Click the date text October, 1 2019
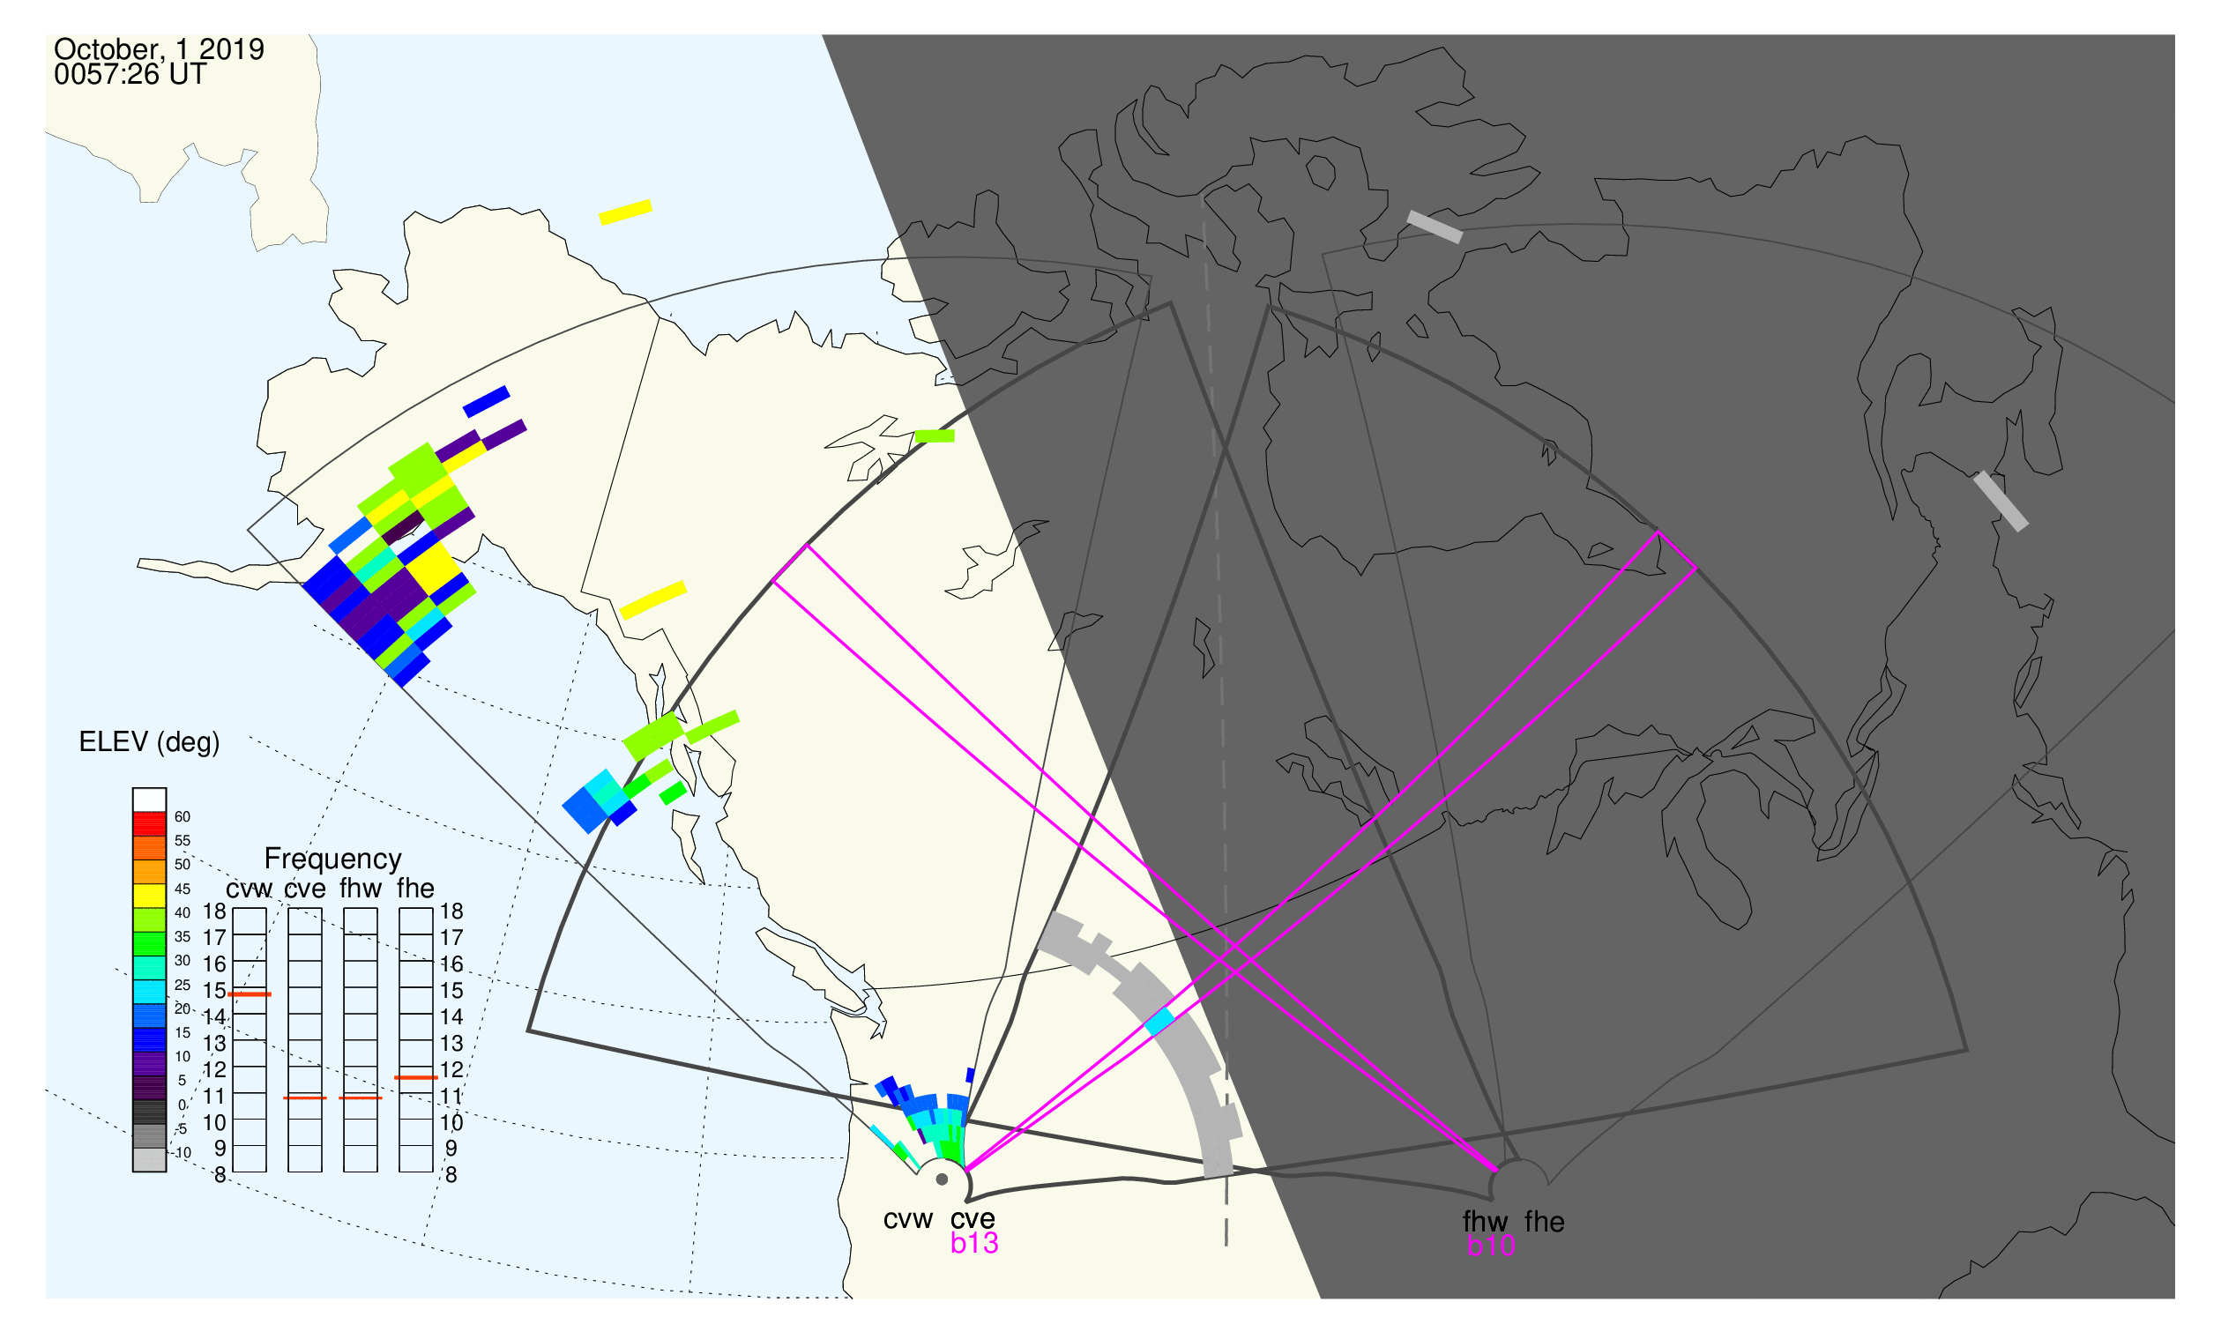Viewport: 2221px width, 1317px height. tap(159, 49)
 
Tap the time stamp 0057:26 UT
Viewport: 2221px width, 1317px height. tap(130, 75)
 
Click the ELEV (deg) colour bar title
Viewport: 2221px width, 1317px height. tap(149, 743)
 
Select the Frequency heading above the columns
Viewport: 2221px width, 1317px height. tap(333, 859)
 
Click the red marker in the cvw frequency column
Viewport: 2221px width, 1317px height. tap(250, 995)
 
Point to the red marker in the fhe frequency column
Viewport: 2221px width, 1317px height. tap(415, 1078)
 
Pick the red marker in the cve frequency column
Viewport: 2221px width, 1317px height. tap(304, 1098)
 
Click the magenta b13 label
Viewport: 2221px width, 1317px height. tap(973, 1244)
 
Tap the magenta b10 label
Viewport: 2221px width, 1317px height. tap(1490, 1246)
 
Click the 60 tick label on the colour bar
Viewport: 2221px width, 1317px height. tap(182, 817)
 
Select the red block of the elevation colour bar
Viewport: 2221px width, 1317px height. tap(149, 824)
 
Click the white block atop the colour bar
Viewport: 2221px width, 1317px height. tap(149, 800)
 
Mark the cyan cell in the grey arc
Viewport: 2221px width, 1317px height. tap(1160, 1023)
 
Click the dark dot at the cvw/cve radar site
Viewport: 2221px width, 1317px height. tap(942, 1180)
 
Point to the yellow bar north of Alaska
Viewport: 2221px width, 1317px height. tap(626, 212)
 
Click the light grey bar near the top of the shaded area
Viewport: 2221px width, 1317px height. tap(1435, 227)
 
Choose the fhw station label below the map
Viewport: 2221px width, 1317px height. tap(1484, 1223)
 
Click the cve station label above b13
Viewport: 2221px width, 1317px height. tap(973, 1219)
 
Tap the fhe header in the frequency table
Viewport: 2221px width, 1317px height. tap(415, 889)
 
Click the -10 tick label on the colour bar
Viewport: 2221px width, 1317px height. tap(182, 1154)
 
